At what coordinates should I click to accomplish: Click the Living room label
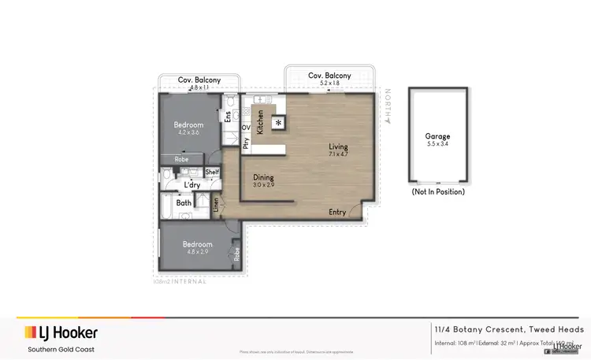(339, 147)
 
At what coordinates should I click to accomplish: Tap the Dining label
(263, 177)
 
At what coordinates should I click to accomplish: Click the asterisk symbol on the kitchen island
(278, 122)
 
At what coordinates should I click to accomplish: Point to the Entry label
(337, 212)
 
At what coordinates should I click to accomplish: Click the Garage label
(437, 135)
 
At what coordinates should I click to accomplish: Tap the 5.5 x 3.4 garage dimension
(437, 144)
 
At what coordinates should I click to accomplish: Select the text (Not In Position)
(437, 191)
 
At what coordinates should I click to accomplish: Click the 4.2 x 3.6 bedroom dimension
(189, 133)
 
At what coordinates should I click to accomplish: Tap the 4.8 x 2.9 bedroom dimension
(197, 252)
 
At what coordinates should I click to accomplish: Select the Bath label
(184, 203)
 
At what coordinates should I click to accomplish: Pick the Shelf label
(212, 172)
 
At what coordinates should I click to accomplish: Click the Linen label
(216, 205)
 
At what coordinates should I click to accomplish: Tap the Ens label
(229, 117)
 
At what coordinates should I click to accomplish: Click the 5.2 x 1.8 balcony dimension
(329, 83)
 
